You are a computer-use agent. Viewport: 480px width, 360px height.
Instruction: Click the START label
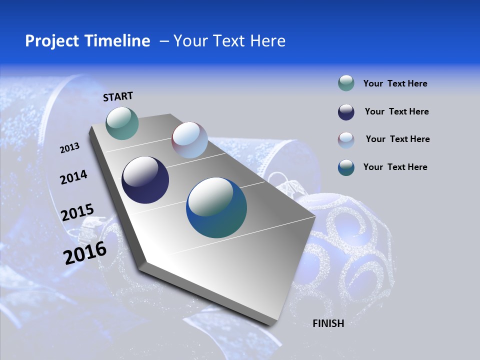point(118,96)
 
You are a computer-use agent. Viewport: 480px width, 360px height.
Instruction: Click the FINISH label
point(328,323)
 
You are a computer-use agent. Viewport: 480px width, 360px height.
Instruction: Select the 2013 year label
point(69,148)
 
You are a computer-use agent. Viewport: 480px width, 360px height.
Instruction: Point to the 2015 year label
point(77,212)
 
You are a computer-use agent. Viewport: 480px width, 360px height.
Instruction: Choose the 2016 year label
point(85,253)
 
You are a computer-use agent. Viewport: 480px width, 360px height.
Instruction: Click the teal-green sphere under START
point(122,123)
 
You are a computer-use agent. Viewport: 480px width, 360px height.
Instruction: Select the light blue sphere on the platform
point(189,140)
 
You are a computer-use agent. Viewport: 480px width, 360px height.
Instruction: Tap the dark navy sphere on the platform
point(145,180)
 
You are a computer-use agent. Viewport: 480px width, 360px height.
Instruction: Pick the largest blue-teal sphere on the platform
point(216,207)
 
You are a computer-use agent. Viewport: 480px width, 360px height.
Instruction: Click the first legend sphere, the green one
point(346,83)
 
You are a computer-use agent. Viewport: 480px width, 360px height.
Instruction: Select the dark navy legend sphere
point(346,112)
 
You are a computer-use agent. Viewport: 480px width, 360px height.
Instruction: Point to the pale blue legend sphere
point(346,140)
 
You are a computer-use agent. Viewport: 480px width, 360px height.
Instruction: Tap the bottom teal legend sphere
point(346,167)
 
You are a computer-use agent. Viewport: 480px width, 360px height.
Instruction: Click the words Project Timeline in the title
point(87,41)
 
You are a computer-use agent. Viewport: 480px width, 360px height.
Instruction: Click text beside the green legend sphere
point(395,83)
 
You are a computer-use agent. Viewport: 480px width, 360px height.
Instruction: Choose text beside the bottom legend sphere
point(395,167)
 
